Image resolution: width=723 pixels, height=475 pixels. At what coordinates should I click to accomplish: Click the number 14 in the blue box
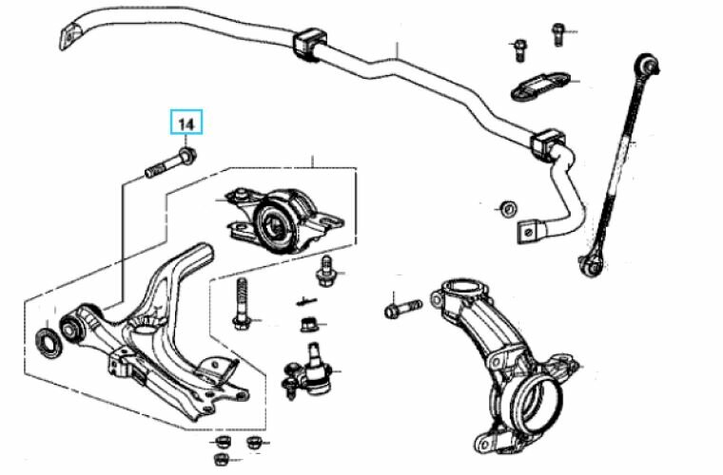[x=186, y=123]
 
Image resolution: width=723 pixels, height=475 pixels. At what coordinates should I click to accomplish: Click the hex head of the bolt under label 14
[x=188, y=156]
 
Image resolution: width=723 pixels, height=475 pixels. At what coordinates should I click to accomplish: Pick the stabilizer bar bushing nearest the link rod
[x=548, y=144]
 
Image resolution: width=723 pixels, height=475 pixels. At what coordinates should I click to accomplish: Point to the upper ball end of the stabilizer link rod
[x=647, y=64]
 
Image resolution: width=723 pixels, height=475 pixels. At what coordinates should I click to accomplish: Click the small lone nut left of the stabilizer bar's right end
[x=509, y=208]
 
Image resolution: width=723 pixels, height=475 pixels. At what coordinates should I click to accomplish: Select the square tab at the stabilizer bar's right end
[x=529, y=232]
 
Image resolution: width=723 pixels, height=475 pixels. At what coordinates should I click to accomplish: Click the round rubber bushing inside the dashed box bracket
[x=276, y=222]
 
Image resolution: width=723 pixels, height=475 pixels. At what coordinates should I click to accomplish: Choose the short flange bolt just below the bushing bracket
[x=325, y=272]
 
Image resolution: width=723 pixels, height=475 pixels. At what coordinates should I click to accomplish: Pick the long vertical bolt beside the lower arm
[x=242, y=304]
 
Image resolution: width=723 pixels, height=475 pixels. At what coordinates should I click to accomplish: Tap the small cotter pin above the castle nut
[x=306, y=301]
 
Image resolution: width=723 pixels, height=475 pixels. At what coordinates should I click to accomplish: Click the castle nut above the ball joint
[x=309, y=325]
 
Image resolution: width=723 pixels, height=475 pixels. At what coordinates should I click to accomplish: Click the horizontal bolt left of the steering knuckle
[x=403, y=309]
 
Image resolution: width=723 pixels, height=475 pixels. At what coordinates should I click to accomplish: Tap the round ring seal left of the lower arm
[x=49, y=342]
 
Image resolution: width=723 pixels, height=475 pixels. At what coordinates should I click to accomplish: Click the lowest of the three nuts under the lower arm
[x=222, y=459]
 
